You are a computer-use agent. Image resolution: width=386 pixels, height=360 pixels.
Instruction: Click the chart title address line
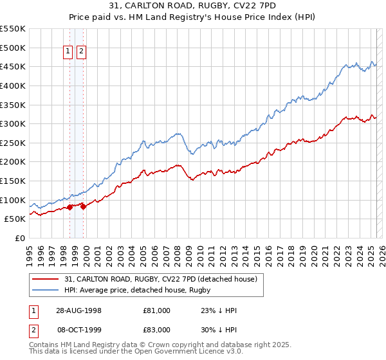pos(193,6)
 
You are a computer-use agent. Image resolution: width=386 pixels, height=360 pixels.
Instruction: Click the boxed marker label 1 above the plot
pos(68,53)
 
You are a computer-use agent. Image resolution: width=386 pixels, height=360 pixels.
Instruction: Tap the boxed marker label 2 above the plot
pos(82,53)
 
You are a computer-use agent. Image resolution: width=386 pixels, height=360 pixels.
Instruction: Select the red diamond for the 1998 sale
pos(70,207)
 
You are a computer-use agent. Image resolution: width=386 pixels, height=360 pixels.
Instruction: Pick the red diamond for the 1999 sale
pos(83,206)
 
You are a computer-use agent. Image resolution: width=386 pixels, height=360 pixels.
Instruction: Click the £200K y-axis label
pos(13,161)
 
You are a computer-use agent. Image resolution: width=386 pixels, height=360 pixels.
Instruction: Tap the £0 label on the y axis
pos(19,238)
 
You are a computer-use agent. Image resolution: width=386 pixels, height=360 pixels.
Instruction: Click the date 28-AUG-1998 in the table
pos(78,310)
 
